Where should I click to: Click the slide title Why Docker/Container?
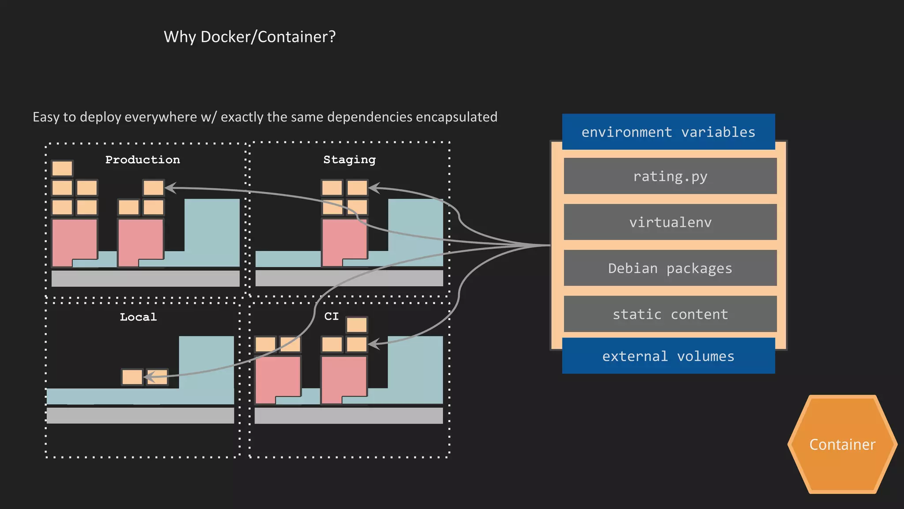coord(249,37)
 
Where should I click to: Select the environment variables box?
coord(668,132)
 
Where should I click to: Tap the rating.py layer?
coord(670,176)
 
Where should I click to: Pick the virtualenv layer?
coord(670,222)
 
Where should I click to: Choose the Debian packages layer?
coord(670,268)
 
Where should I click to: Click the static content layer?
coord(670,314)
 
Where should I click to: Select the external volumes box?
coord(668,356)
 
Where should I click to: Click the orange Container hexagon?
coord(842,444)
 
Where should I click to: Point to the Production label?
coord(143,160)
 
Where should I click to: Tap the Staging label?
coord(349,160)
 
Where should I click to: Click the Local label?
coord(138,317)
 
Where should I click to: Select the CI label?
coord(331,316)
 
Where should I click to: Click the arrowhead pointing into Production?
coord(170,188)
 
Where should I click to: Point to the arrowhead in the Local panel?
coord(148,377)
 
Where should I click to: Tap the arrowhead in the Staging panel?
coord(373,188)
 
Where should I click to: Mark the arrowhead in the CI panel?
coord(373,344)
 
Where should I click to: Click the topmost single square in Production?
coord(62,168)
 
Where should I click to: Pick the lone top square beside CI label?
coord(357,325)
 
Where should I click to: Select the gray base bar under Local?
coord(140,416)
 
